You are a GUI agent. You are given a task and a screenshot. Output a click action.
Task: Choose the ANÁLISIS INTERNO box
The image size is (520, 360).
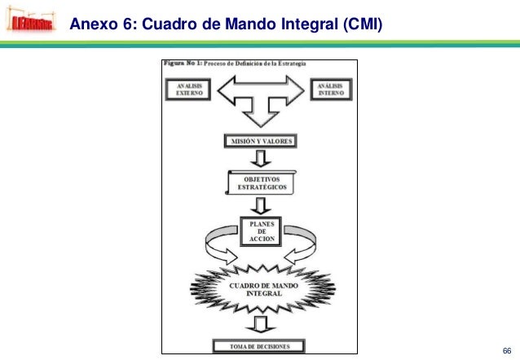pyautogui.click(x=330, y=90)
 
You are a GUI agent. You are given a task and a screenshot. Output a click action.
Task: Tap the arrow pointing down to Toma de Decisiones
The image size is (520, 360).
pyautogui.click(x=260, y=326)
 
